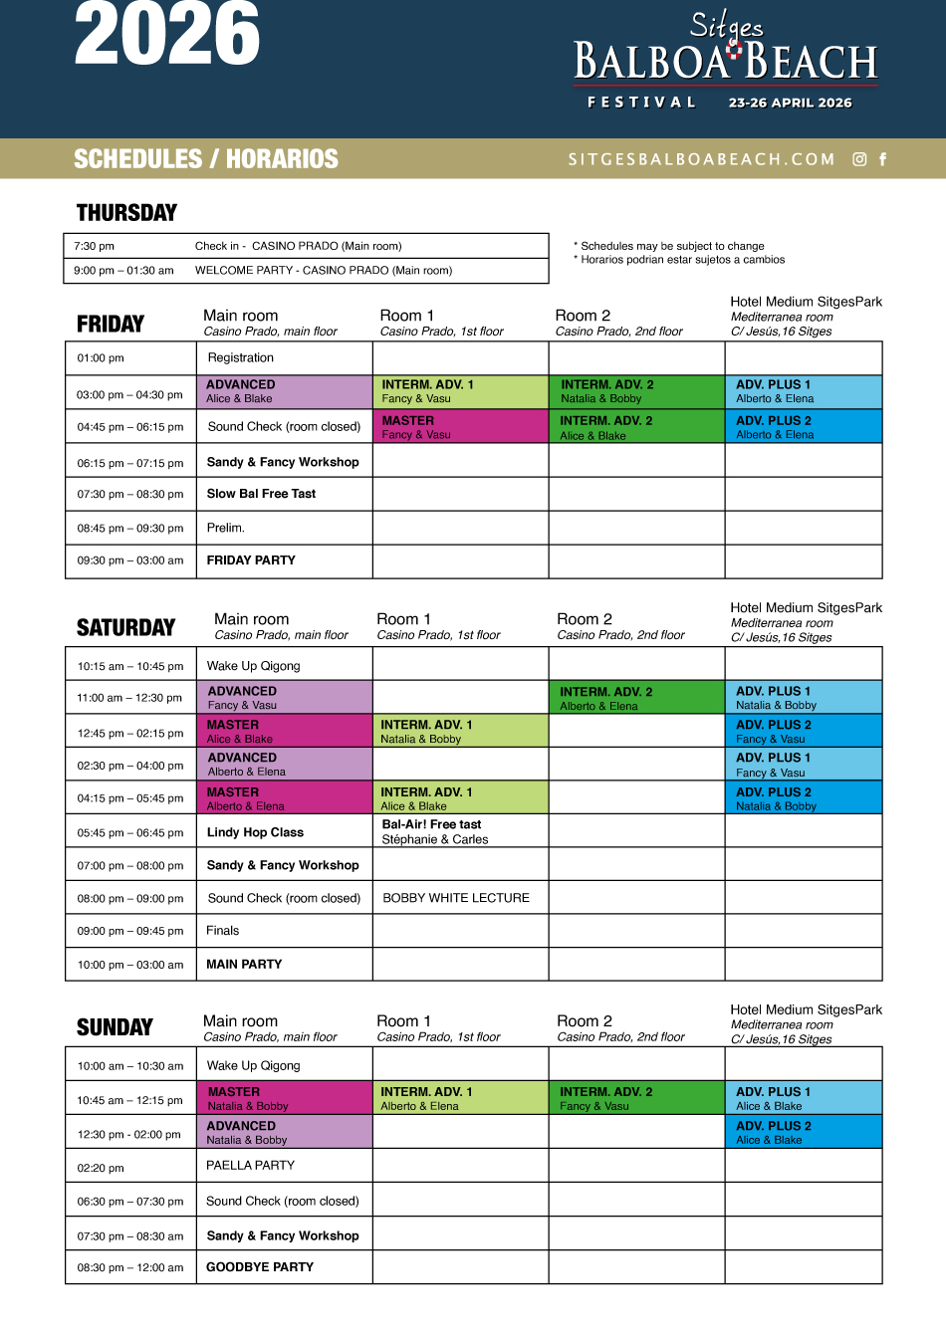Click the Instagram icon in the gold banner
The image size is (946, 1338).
859,159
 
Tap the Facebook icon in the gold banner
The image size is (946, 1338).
882,159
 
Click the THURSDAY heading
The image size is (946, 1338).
126,212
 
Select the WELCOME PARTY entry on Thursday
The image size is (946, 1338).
323,271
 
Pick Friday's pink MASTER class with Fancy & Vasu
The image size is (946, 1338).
460,427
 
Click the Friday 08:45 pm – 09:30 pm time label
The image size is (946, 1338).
130,529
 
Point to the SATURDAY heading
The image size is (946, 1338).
125,627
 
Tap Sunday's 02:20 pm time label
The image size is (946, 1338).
101,1169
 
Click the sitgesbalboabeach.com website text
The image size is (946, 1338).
701,159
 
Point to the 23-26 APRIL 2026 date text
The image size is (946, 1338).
790,103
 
